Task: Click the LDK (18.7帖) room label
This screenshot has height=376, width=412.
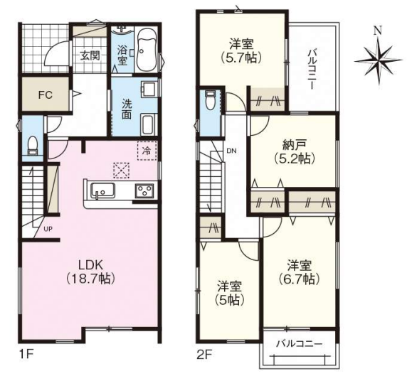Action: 90,272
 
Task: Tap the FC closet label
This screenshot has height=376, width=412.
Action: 46,95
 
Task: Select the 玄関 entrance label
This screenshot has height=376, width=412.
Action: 90,55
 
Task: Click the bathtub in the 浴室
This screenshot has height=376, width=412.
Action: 147,50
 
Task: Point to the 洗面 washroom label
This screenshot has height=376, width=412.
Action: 127,109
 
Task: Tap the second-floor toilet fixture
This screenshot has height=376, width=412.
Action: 210,100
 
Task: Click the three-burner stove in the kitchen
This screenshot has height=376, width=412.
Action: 144,191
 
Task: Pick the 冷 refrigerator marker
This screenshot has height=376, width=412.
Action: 147,151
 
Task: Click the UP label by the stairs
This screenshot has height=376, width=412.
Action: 48,229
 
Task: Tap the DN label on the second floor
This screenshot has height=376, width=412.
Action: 231,151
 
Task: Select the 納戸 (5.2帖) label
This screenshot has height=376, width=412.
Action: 295,151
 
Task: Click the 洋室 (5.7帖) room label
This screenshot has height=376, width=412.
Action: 241,50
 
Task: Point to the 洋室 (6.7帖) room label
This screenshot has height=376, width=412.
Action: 299,272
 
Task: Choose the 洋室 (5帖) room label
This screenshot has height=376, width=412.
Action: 229,293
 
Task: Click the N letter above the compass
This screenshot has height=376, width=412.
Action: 378,31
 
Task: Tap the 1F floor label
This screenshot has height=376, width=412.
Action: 26,355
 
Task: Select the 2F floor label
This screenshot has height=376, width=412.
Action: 205,355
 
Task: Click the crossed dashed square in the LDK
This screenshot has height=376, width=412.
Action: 121,171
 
